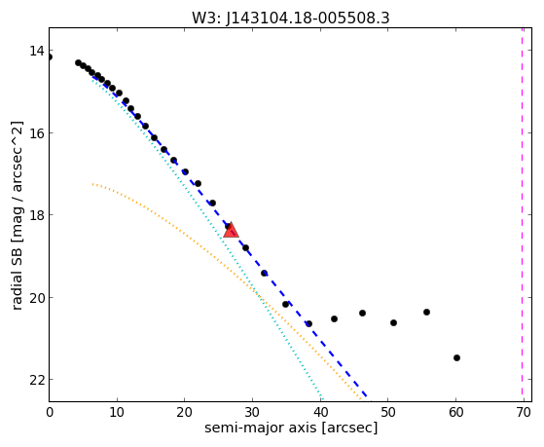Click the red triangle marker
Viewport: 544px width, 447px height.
pyautogui.click(x=231, y=230)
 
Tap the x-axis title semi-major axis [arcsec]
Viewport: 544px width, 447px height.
pyautogui.click(x=291, y=428)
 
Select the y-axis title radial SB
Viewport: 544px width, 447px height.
pyautogui.click(x=17, y=279)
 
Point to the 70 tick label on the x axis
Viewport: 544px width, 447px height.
pyautogui.click(x=524, y=412)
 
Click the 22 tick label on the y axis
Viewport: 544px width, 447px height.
pyautogui.click(x=37, y=380)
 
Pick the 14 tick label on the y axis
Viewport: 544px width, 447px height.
pyautogui.click(x=37, y=51)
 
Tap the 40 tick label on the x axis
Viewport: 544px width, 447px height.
pyautogui.click(x=320, y=412)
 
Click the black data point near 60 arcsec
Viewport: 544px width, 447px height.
pyautogui.click(x=456, y=357)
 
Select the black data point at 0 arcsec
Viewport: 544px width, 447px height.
pyautogui.click(x=50, y=56)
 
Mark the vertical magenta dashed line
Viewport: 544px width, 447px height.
pyautogui.click(x=522, y=214)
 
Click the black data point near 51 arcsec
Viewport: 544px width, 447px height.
pyautogui.click(x=393, y=322)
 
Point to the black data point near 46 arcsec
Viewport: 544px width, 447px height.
pyautogui.click(x=362, y=313)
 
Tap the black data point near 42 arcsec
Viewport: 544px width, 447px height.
pyautogui.click(x=334, y=318)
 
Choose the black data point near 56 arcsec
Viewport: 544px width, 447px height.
pyautogui.click(x=426, y=312)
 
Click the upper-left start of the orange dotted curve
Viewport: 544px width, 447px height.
pyautogui.click(x=92, y=184)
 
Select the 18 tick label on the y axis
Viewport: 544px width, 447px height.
pyautogui.click(x=37, y=215)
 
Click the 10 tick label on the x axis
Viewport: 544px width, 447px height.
pyautogui.click(x=117, y=412)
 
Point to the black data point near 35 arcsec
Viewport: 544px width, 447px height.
pyautogui.click(x=285, y=304)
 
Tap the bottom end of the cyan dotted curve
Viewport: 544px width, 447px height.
pyautogui.click(x=321, y=400)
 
